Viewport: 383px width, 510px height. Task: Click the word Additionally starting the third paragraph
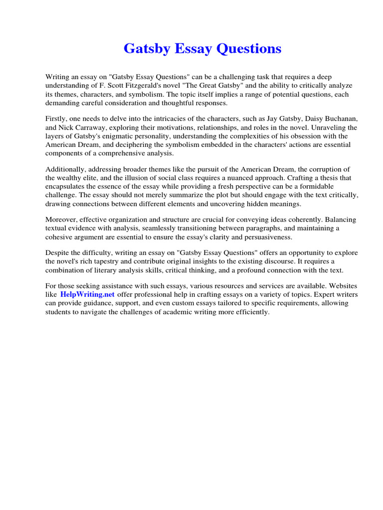coord(66,170)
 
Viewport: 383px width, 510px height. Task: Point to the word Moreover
coord(62,220)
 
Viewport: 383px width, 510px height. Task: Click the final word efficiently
coord(250,312)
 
